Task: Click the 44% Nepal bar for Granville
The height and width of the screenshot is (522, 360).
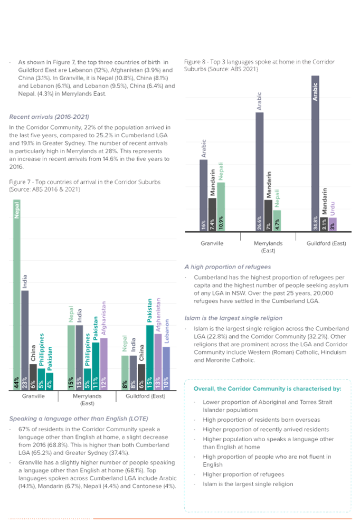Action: pyautogui.click(x=17, y=295)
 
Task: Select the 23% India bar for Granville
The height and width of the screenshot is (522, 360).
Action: pyautogui.click(x=25, y=340)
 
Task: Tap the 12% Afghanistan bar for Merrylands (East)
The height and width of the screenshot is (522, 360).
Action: pyautogui.click(x=104, y=364)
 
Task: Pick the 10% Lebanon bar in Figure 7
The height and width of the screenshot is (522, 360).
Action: pyautogui.click(x=166, y=368)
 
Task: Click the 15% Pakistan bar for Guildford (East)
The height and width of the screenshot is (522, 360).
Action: pyautogui.click(x=150, y=357)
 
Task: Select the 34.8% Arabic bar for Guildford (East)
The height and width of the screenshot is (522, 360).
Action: pyautogui.click(x=315, y=154)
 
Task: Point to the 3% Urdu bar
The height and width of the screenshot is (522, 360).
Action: pyautogui.click(x=333, y=224)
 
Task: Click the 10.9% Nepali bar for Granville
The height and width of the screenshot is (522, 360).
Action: pyautogui.click(x=221, y=207)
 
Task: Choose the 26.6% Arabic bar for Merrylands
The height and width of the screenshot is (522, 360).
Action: pyautogui.click(x=259, y=172)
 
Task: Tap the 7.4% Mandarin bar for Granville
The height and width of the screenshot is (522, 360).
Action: pyautogui.click(x=212, y=215)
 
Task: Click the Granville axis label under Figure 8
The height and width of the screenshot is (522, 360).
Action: pyautogui.click(x=212, y=243)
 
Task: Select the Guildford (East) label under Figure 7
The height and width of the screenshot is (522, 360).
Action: pyautogui.click(x=145, y=396)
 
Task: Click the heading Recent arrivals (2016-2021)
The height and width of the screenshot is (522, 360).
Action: pyautogui.click(x=49, y=117)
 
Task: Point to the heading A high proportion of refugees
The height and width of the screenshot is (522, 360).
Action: pyautogui.click(x=228, y=267)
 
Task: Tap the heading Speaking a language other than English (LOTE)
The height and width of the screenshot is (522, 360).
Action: pyautogui.click(x=79, y=419)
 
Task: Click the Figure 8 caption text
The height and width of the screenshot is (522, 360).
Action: pyautogui.click(x=259, y=65)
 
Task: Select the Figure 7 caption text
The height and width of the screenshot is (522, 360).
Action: pyautogui.click(x=84, y=185)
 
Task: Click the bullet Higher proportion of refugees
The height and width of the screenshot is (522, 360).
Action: pyautogui.click(x=243, y=474)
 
